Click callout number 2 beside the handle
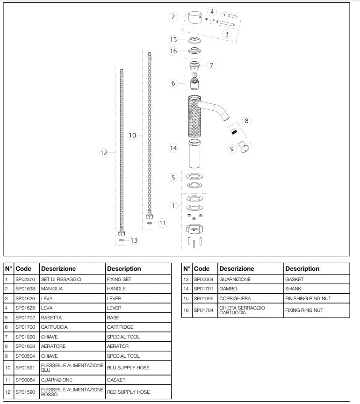(173, 17)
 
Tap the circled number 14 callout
(173, 148)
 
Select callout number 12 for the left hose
(104, 152)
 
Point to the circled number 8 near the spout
(247, 121)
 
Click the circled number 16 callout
(173, 51)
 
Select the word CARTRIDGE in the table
(120, 327)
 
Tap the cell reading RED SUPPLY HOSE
(129, 392)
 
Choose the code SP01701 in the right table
(204, 289)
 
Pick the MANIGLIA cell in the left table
(52, 289)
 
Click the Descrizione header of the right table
(237, 269)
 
